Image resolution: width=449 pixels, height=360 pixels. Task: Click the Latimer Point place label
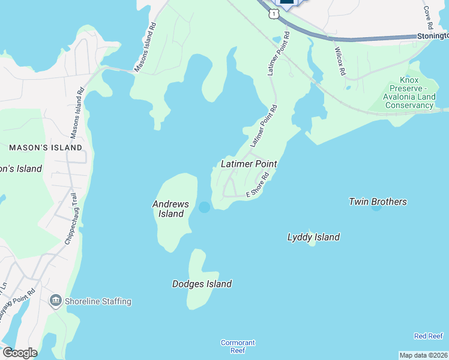click(x=249, y=163)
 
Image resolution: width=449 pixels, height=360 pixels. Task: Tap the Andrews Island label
click(x=170, y=209)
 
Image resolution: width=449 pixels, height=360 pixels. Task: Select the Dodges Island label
click(x=202, y=284)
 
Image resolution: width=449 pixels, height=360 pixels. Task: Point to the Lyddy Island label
click(x=313, y=237)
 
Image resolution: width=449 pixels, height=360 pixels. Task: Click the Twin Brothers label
click(x=378, y=202)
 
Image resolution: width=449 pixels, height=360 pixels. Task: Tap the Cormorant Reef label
click(x=238, y=346)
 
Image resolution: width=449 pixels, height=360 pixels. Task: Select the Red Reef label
click(x=429, y=336)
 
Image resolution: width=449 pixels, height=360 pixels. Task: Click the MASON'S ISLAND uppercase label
click(x=46, y=147)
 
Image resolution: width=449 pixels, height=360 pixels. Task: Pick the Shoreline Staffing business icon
click(x=56, y=301)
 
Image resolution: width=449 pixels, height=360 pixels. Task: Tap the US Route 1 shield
click(x=274, y=13)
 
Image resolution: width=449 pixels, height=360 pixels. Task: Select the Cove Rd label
click(x=428, y=19)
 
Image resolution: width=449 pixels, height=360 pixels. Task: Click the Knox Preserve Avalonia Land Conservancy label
click(x=408, y=93)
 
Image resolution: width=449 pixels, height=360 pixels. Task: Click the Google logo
click(x=19, y=352)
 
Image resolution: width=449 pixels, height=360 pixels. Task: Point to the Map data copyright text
click(x=423, y=355)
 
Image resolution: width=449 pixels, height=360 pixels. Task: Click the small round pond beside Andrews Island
click(x=204, y=207)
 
